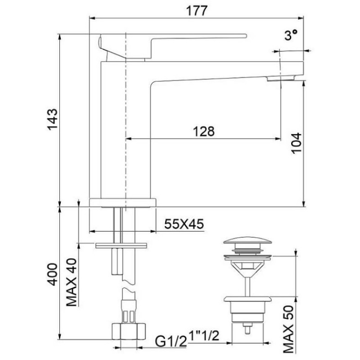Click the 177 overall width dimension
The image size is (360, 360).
tap(197, 11)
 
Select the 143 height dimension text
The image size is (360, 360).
tap(53, 119)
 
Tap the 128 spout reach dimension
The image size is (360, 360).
tap(204, 131)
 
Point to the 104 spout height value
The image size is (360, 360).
tap(296, 143)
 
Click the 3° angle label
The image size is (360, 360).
tap(291, 35)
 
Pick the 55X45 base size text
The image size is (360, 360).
tap(184, 224)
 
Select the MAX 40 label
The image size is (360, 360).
tap(72, 282)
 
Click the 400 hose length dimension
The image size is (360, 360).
tap(53, 274)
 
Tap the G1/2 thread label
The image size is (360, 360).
tap(171, 342)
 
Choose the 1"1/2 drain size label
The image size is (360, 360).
tap(204, 336)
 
